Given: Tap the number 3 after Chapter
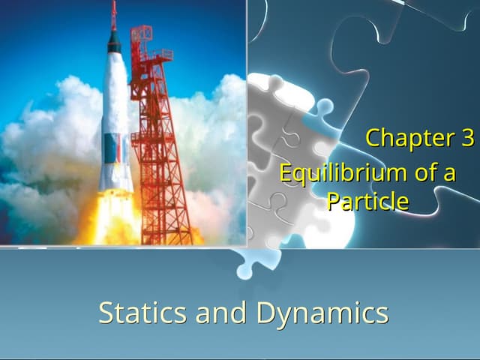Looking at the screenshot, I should coord(466,138).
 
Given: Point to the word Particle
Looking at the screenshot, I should coord(367,201).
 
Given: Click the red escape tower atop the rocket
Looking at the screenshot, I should coord(114,15).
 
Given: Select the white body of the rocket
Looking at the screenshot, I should coord(115,97).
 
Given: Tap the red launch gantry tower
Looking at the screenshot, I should coord(157,150).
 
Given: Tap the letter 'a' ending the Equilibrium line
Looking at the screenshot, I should coord(448,174).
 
